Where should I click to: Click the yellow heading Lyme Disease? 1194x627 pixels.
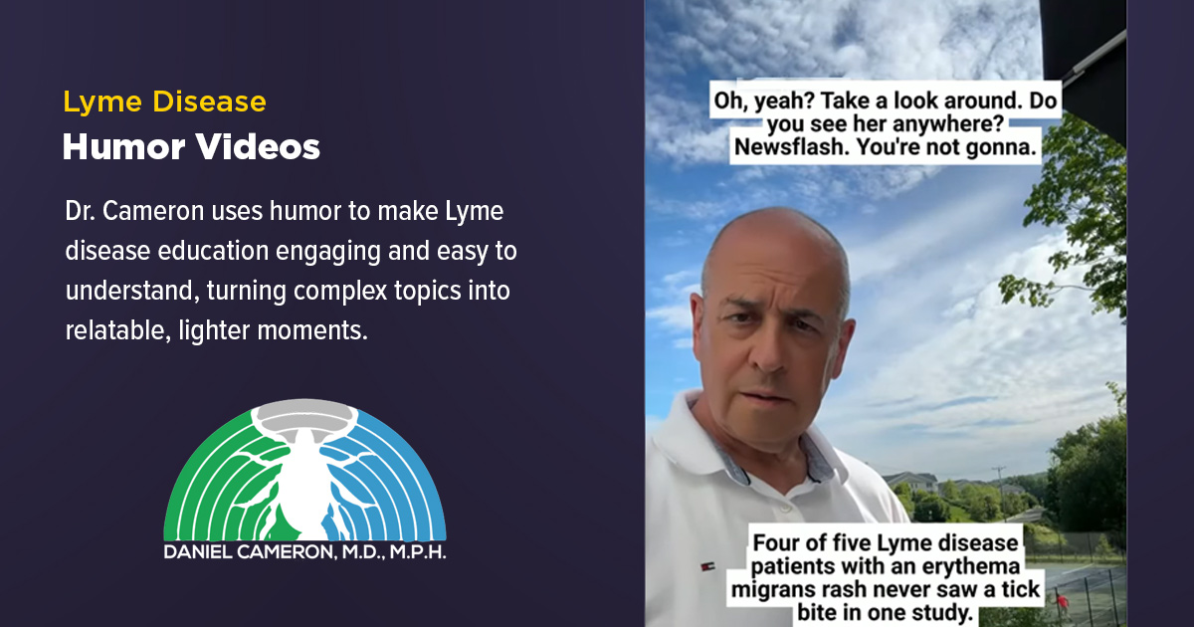tap(165, 102)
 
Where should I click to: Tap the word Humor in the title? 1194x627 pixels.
tap(123, 146)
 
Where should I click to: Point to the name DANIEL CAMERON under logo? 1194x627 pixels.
tap(250, 551)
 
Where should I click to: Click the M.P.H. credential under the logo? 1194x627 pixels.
tap(418, 551)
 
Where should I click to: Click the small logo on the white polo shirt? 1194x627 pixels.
tap(707, 566)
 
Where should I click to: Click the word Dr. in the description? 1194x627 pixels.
tap(80, 211)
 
